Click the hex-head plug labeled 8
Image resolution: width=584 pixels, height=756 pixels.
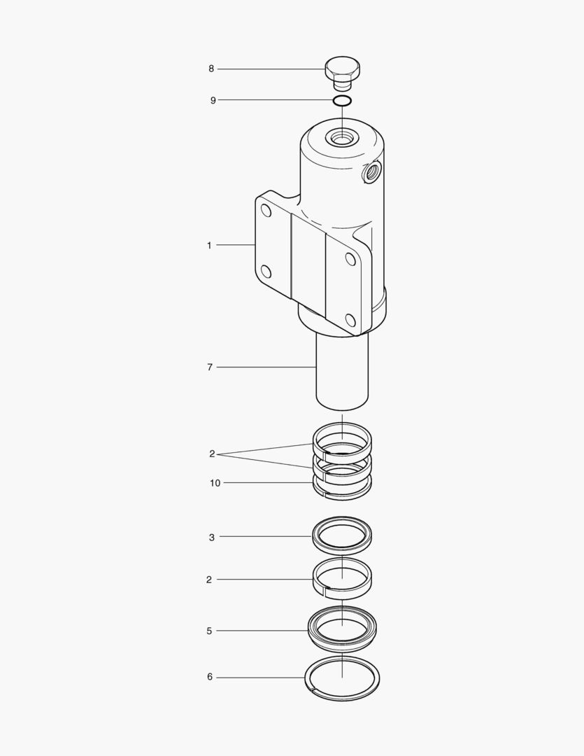[x=342, y=71]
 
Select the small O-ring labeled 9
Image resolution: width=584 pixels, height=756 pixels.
[x=342, y=101]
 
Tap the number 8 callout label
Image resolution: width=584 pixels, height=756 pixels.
[x=211, y=69]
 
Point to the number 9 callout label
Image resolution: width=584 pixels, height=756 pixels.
[x=213, y=100]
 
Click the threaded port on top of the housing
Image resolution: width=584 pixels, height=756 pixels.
[x=342, y=139]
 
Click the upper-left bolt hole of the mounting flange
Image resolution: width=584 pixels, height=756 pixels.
[x=266, y=209]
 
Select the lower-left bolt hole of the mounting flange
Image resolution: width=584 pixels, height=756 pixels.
[x=266, y=271]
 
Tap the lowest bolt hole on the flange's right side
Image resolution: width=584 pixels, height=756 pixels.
[x=350, y=321]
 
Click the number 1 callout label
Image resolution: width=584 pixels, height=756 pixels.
[x=209, y=245]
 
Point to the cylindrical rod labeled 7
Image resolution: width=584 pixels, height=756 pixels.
[x=342, y=371]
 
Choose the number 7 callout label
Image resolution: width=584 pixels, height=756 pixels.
[x=210, y=367]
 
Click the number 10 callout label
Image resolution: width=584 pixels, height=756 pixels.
[x=215, y=483]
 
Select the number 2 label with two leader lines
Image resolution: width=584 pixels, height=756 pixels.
[x=212, y=454]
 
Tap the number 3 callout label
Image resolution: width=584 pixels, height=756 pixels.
[x=212, y=538]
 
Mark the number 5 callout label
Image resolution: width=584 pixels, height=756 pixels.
[x=209, y=631]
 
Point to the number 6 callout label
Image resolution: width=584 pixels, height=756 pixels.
[x=210, y=677]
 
